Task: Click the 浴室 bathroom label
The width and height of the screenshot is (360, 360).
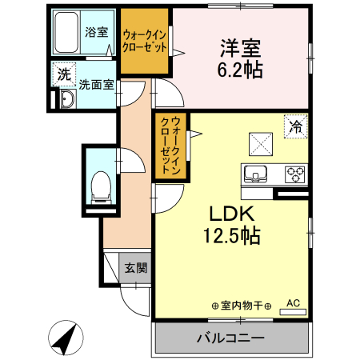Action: [97, 33]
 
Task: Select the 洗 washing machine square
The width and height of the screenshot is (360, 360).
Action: [63, 74]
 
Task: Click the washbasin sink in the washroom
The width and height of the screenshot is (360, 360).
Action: [65, 99]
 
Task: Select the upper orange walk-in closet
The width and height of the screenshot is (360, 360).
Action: [145, 41]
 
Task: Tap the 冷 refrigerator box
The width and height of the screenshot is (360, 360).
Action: [296, 126]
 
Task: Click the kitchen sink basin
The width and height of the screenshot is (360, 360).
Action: [256, 173]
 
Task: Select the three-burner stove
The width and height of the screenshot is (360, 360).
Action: [294, 173]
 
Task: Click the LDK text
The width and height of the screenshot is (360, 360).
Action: [231, 214]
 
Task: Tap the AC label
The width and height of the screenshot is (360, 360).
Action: [293, 303]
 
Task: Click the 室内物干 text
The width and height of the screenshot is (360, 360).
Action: [242, 306]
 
